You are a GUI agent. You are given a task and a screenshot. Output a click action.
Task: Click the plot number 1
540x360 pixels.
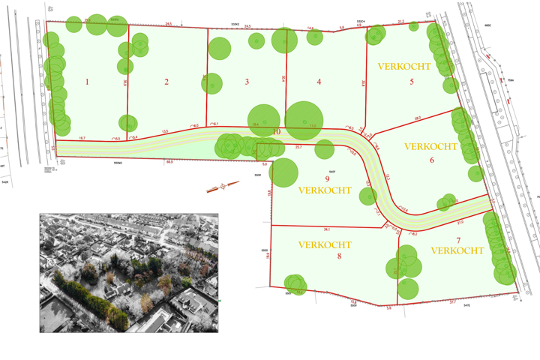click(87, 82)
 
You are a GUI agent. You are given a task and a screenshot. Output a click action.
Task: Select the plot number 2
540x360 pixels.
click(166, 82)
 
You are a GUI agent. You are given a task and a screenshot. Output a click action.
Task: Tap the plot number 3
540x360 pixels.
click(247, 82)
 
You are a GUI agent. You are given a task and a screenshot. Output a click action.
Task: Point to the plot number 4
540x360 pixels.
click(319, 82)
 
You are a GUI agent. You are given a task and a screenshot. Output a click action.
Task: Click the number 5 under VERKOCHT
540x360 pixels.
click(412, 81)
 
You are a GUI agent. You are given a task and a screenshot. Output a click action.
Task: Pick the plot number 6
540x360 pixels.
click(432, 160)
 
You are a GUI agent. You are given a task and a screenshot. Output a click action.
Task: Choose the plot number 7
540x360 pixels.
click(458, 239)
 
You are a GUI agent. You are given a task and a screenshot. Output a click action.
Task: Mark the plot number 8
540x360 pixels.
click(339, 256)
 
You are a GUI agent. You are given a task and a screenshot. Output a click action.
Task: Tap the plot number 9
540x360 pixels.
click(327, 178)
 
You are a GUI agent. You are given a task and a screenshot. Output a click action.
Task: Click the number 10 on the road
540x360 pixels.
click(277, 132)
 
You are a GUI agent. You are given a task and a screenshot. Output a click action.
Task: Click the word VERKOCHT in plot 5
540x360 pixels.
click(404, 67)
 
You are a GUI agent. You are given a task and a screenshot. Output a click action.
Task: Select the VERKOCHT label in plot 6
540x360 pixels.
click(430, 147)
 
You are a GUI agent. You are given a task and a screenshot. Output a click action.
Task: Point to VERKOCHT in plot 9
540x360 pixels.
click(325, 190)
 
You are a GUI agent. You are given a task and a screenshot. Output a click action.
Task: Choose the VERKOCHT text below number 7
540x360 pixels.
click(457, 250)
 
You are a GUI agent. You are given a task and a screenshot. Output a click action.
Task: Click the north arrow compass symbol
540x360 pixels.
click(217, 187)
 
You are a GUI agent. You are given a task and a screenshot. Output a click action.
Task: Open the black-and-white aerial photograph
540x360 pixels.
click(129, 273)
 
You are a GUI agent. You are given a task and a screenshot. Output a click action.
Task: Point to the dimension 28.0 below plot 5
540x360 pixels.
click(417, 118)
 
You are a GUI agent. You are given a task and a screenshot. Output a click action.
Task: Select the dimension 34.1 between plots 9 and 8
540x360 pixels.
click(327, 229)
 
